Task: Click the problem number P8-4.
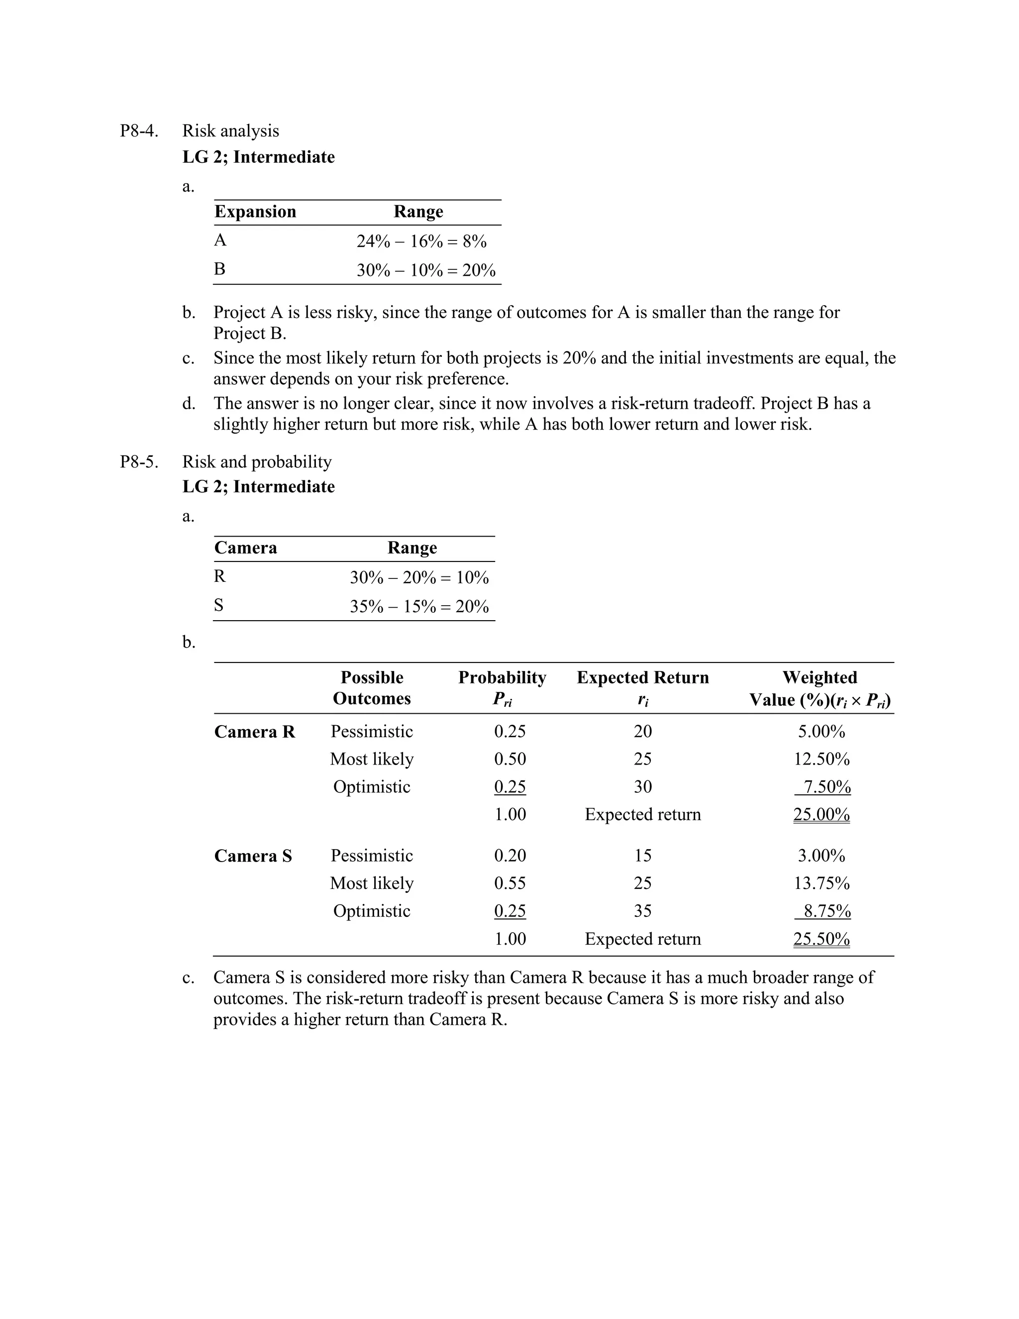pyautogui.click(x=139, y=131)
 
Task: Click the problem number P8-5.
pyautogui.click(x=139, y=462)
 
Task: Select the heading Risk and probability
pyautogui.click(x=257, y=462)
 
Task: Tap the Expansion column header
pyautogui.click(x=255, y=212)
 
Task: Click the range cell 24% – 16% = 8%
pyautogui.click(x=421, y=241)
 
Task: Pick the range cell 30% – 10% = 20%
pyautogui.click(x=425, y=270)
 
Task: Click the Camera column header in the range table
pyautogui.click(x=246, y=548)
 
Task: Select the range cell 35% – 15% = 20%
pyautogui.click(x=419, y=606)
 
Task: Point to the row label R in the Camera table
pyautogui.click(x=220, y=577)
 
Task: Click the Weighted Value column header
pyautogui.click(x=820, y=688)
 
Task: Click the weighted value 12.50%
pyautogui.click(x=821, y=759)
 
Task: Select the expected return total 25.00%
pyautogui.click(x=821, y=815)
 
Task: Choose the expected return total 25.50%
pyautogui.click(x=821, y=939)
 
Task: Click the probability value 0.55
pyautogui.click(x=510, y=883)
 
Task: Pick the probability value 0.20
pyautogui.click(x=510, y=856)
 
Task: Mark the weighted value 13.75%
pyautogui.click(x=821, y=883)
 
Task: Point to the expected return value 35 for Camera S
pyautogui.click(x=642, y=911)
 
